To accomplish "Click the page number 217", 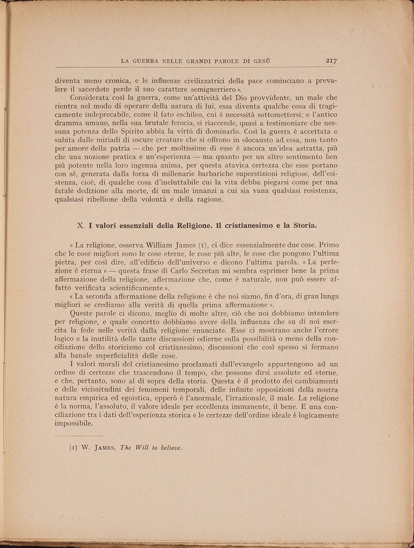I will (333, 61).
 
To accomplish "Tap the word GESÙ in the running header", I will (261, 61).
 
